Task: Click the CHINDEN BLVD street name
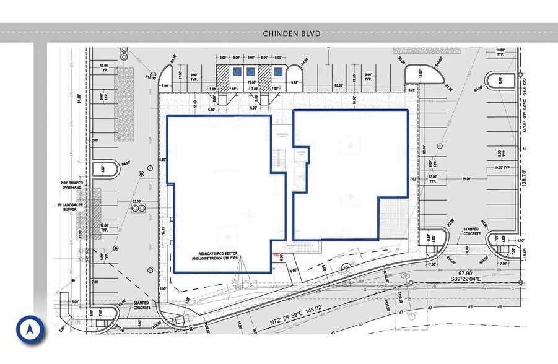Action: pyautogui.click(x=292, y=33)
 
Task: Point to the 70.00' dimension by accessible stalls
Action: pyautogui.click(x=251, y=81)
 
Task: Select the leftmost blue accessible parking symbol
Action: pyautogui.click(x=237, y=72)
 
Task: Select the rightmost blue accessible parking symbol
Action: pyautogui.click(x=277, y=72)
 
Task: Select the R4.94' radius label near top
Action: pyautogui.click(x=304, y=62)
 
